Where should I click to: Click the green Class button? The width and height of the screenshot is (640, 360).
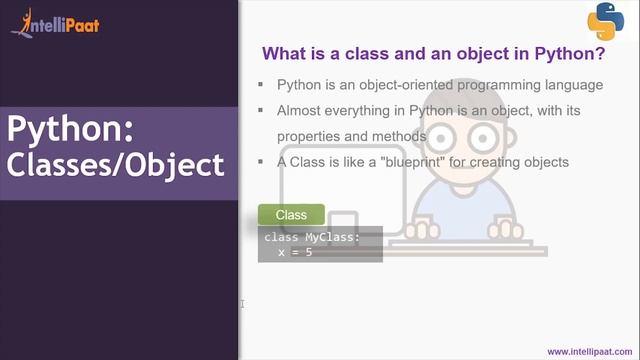(x=291, y=215)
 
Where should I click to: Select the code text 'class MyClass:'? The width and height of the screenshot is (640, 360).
(x=311, y=238)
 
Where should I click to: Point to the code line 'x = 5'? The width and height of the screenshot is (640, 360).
(x=295, y=252)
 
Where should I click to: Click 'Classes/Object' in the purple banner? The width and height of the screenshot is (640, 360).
(x=115, y=165)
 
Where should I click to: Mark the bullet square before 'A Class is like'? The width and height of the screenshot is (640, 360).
(x=261, y=161)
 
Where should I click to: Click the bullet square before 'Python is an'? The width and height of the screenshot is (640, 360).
(x=261, y=85)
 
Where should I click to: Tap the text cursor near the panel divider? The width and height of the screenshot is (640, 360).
(x=243, y=304)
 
